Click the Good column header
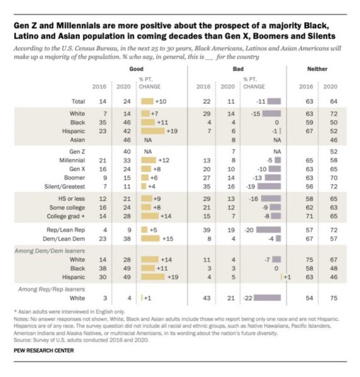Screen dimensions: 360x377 pos(136,69)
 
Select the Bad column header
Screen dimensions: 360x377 pos(238,69)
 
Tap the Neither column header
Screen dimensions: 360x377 pos(317,69)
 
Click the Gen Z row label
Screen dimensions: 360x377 pos(77,151)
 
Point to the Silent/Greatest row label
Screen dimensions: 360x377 pos(65,187)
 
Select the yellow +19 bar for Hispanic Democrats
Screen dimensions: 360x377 pos(153,277)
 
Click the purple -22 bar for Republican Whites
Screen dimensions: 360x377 pos(267,298)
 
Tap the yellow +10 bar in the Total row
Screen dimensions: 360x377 pos(147,101)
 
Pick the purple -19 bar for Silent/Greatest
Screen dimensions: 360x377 pos(269,187)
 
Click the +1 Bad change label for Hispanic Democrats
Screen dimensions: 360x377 pos(287,277)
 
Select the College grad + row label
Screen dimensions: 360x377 pos(65,216)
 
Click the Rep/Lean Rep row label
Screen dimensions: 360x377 pos(65,230)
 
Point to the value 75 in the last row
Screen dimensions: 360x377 pos(334,298)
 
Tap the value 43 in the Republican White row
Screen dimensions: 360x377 pos(207,298)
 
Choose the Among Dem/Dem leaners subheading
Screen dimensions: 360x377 pos(50,251)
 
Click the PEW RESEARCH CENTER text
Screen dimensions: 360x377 pos(44,351)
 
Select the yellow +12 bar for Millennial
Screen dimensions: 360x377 pos(148,160)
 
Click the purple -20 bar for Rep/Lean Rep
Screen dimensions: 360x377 pos(268,230)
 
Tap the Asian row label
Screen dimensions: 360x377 pos(77,140)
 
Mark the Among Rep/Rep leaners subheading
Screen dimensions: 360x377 pos(52,289)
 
